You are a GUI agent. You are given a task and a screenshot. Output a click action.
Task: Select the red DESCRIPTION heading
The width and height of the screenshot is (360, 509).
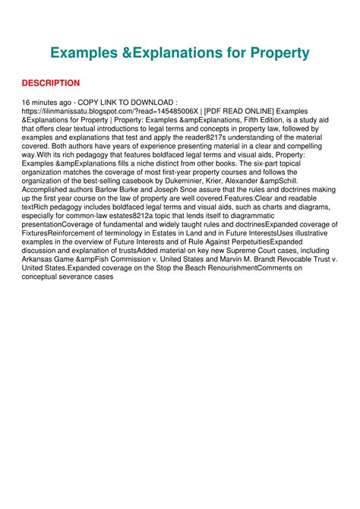tap(51, 83)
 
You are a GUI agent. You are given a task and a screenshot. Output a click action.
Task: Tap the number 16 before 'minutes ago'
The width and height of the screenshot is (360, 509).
tap(27, 102)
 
